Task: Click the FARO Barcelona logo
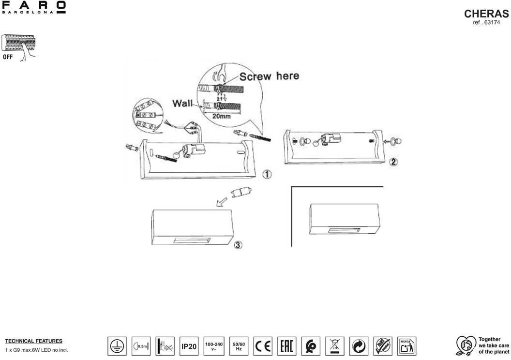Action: click(x=34, y=8)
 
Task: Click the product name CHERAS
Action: click(x=486, y=14)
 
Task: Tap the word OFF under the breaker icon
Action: click(x=8, y=57)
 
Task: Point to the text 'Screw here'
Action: click(x=269, y=76)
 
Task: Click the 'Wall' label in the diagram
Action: click(x=182, y=103)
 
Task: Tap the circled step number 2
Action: click(x=393, y=162)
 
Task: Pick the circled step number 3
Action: click(x=238, y=245)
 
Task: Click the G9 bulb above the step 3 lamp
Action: click(x=241, y=193)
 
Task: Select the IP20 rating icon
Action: click(x=189, y=346)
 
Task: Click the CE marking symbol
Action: click(x=263, y=346)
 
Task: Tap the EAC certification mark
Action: click(x=287, y=346)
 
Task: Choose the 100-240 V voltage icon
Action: click(x=213, y=346)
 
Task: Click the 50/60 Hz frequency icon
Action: click(x=239, y=346)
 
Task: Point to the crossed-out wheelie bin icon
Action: click(x=335, y=346)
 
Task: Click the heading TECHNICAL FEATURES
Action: click(x=33, y=341)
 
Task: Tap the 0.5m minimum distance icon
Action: click(x=140, y=346)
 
